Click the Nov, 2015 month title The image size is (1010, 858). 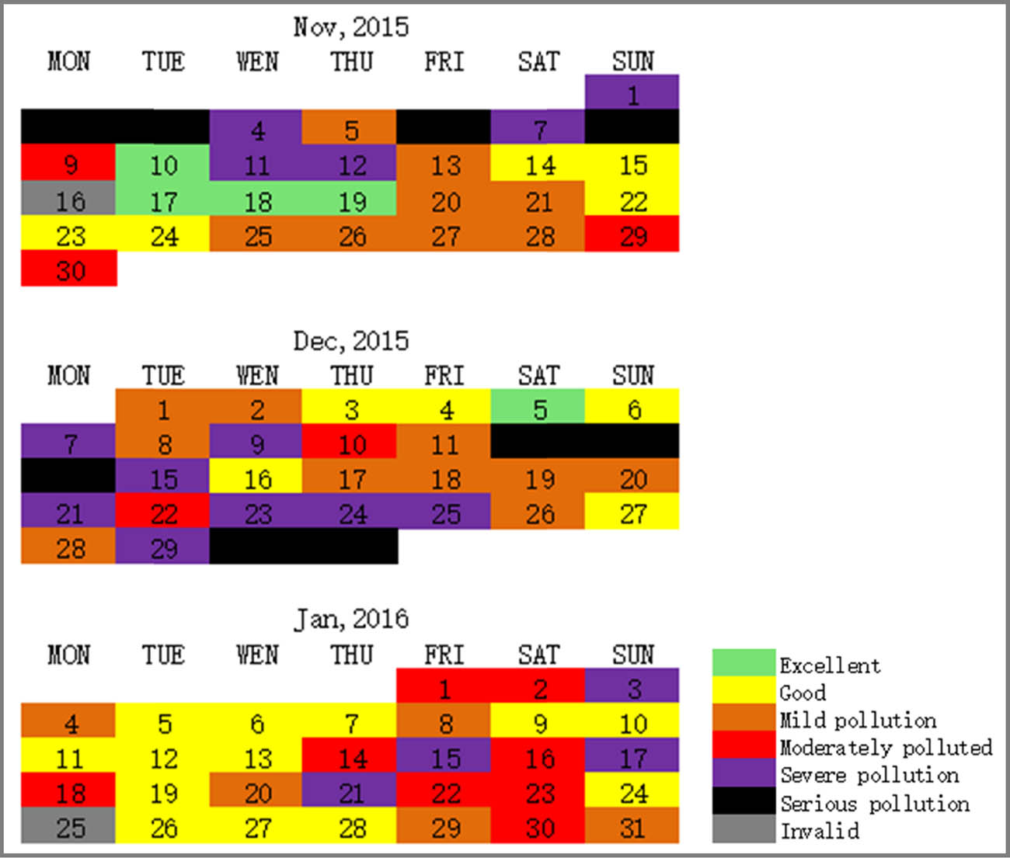(x=351, y=27)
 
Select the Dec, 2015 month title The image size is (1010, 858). (x=351, y=341)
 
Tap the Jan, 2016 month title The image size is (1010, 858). (x=351, y=619)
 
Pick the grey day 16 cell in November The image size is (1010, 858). (x=69, y=201)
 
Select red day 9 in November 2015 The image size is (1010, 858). (x=69, y=165)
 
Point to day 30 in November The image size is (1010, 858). (x=69, y=270)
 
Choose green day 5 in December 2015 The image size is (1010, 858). (x=538, y=408)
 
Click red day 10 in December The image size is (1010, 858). (x=351, y=444)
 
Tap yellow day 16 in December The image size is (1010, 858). (x=257, y=479)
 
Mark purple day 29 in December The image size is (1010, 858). (x=163, y=548)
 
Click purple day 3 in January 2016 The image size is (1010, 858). (x=632, y=688)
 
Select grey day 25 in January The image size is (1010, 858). (x=69, y=827)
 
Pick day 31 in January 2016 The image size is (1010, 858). (x=632, y=827)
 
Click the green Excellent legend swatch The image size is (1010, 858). (x=744, y=663)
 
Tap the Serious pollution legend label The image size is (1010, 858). (x=875, y=804)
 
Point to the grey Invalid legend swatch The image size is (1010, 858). (x=744, y=829)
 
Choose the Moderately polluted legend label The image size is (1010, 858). (x=886, y=748)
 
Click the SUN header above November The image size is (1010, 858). (x=632, y=61)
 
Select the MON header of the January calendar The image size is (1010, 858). (x=69, y=655)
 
